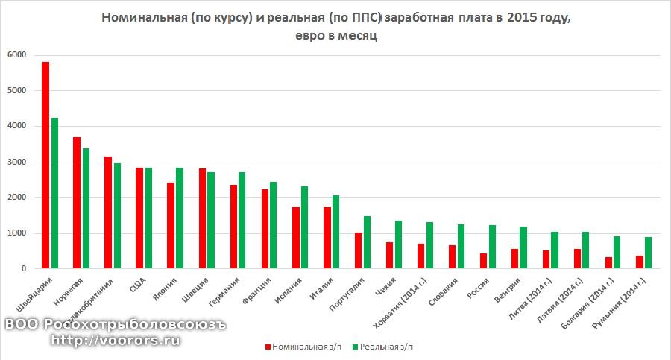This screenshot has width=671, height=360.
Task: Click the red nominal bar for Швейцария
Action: click(x=45, y=165)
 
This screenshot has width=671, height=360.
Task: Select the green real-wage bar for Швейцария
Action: click(x=54, y=193)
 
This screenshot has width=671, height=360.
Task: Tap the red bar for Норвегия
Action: click(x=77, y=203)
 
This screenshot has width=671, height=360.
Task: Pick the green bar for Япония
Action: click(x=180, y=218)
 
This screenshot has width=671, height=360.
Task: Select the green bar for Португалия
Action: click(x=368, y=242)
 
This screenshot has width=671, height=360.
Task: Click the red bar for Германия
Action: click(x=233, y=227)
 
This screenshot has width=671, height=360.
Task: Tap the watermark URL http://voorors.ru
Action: click(x=116, y=341)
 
